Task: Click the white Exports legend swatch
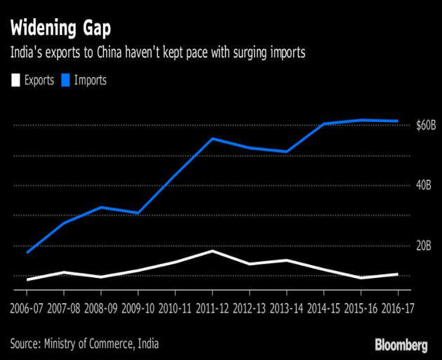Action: (x=15, y=80)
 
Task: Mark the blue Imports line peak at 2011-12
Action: (x=213, y=138)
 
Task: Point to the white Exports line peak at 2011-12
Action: (x=213, y=251)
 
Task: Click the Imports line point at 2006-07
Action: (x=27, y=253)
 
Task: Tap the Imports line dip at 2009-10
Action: (x=138, y=213)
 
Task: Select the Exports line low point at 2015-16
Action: (x=361, y=278)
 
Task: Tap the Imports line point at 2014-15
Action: (x=323, y=124)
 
